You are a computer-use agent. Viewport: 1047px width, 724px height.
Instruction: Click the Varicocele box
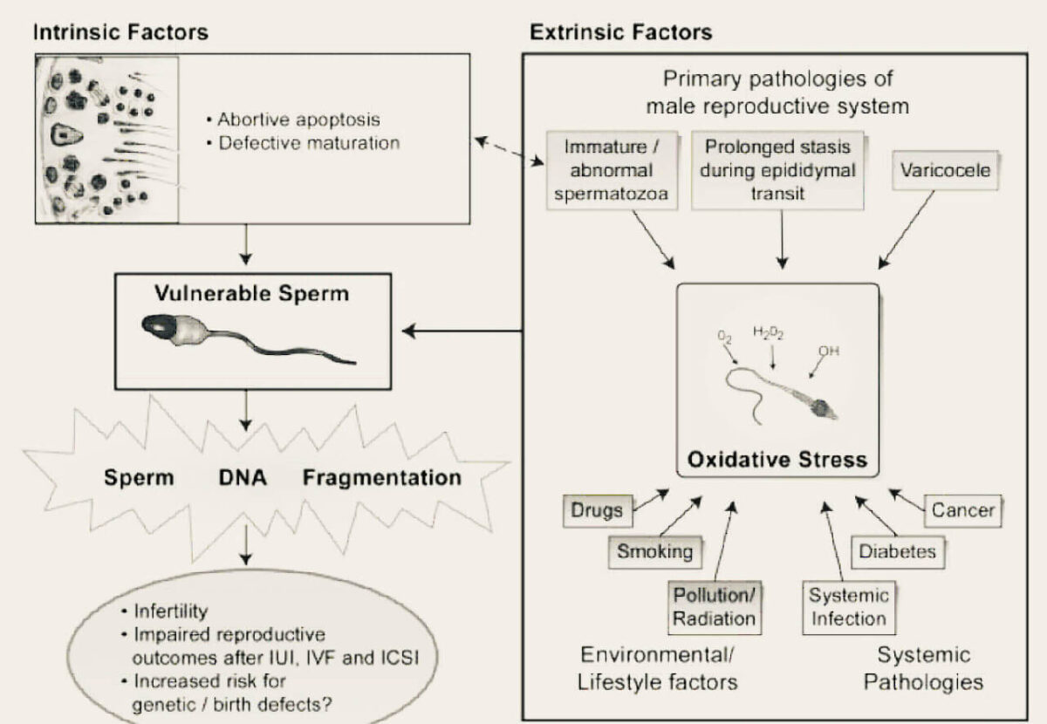(x=945, y=170)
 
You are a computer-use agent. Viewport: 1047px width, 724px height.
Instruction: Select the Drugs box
(x=598, y=511)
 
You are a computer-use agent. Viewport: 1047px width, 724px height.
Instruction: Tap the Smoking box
(x=655, y=552)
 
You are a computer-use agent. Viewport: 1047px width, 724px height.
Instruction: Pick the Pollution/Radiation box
(x=715, y=608)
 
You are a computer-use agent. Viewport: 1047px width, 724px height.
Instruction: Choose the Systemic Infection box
(x=849, y=608)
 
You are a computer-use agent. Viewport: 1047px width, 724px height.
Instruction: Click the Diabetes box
(x=898, y=552)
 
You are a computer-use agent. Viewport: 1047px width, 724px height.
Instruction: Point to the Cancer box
(x=963, y=511)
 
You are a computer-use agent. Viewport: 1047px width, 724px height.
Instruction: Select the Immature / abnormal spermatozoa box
(x=612, y=171)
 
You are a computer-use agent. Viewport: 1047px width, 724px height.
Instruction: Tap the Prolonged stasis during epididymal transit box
(x=777, y=171)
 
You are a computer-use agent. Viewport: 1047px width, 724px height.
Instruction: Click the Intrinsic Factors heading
(x=120, y=33)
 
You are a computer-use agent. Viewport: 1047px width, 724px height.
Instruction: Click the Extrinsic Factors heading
(x=620, y=33)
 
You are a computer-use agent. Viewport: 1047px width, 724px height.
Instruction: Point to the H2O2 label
(x=769, y=333)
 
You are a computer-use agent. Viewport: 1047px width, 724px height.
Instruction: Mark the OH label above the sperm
(x=829, y=351)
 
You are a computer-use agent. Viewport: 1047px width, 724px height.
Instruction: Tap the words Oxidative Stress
(x=777, y=460)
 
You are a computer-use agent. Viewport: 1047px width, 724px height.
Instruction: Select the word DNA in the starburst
(x=243, y=478)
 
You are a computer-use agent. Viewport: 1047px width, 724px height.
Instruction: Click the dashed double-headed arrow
(x=510, y=151)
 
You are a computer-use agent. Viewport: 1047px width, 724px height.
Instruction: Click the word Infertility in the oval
(x=171, y=611)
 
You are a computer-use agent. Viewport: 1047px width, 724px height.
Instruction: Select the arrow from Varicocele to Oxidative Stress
(x=907, y=229)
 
